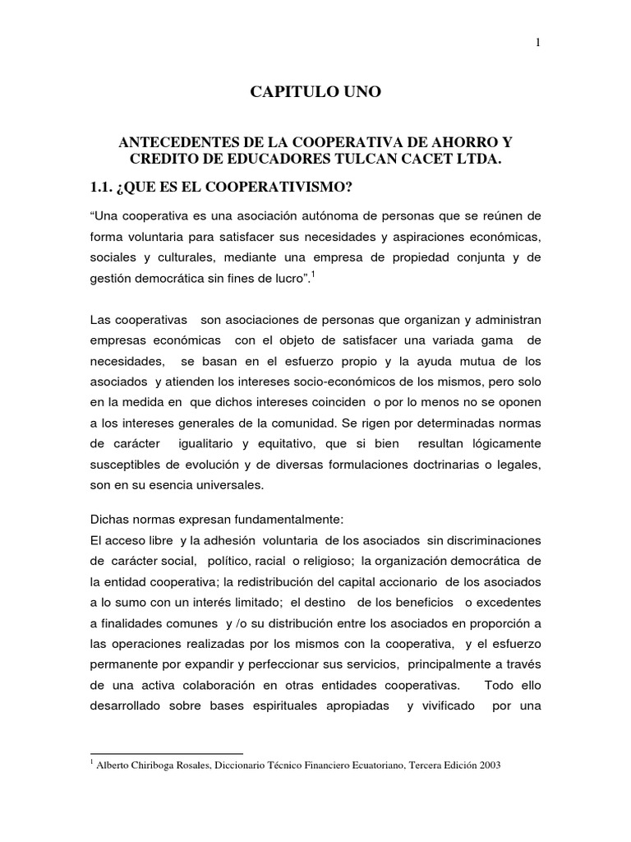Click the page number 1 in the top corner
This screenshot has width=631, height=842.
click(x=537, y=44)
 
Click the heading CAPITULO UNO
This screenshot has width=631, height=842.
click(x=315, y=92)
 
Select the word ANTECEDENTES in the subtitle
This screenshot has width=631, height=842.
click(x=172, y=142)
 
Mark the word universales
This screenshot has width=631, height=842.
click(x=222, y=485)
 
